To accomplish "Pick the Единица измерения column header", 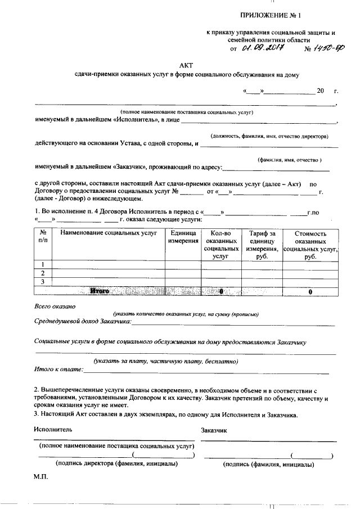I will click(x=183, y=237).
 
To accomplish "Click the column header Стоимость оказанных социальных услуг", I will click(x=310, y=244).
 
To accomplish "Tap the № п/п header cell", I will click(x=43, y=237).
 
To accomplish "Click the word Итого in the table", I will click(x=100, y=291).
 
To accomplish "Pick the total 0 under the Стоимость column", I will click(x=310, y=291).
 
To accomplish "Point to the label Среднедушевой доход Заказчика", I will click(x=82, y=321).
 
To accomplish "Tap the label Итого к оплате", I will click(x=58, y=369).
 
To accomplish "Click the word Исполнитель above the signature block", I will click(x=53, y=429).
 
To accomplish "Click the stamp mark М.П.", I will click(x=42, y=477).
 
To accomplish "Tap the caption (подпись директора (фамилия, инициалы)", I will click(x=116, y=464).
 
